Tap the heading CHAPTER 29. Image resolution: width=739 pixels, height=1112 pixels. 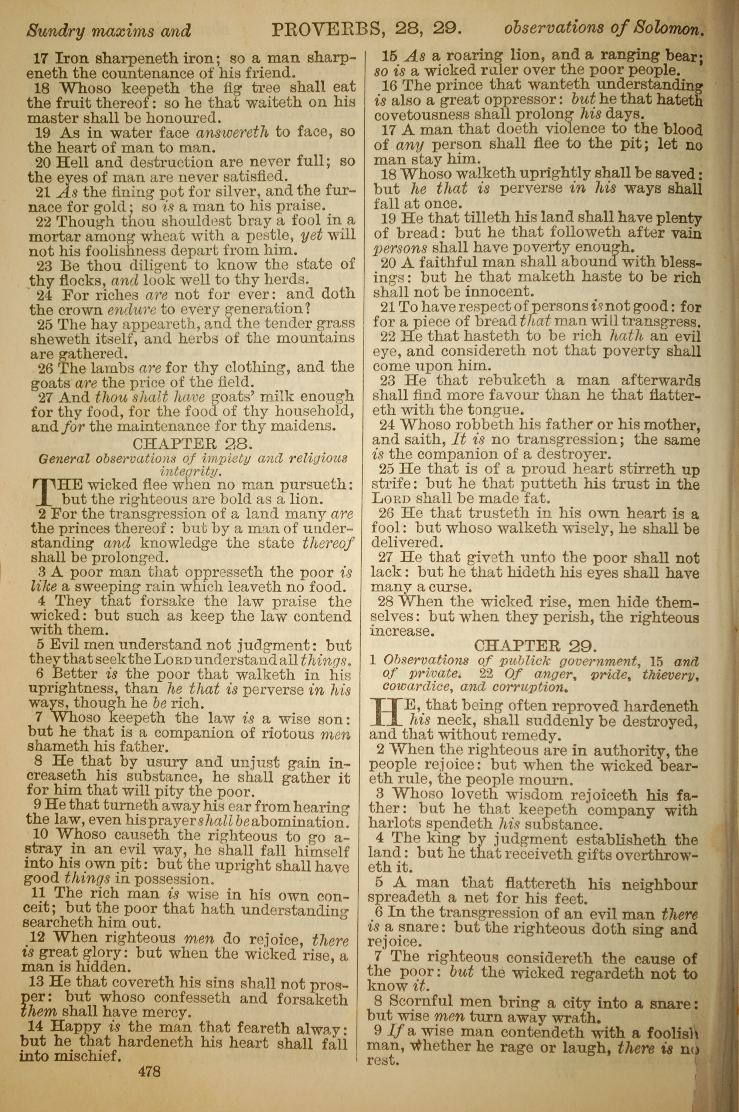click(x=535, y=645)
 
